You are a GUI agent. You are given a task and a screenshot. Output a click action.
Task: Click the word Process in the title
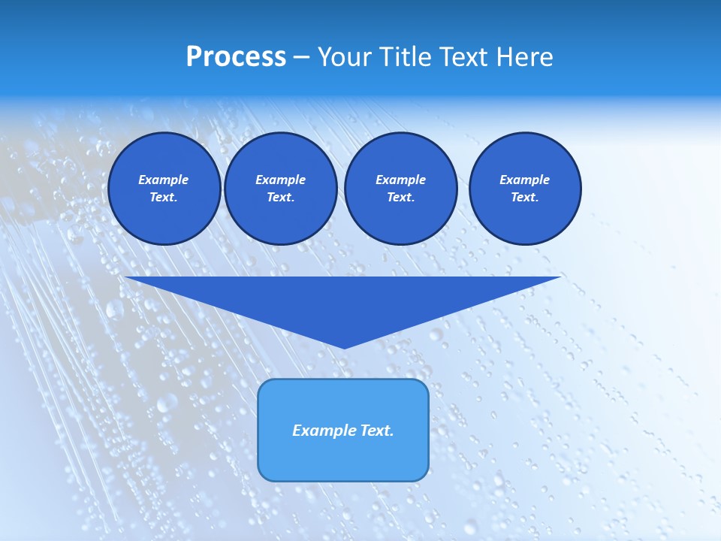click(236, 57)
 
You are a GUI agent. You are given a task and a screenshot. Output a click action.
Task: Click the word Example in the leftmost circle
click(164, 180)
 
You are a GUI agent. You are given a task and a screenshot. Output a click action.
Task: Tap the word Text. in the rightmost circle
click(524, 197)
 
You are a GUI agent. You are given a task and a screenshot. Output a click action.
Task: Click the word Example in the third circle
click(400, 180)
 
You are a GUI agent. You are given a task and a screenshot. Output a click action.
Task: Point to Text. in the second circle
click(280, 197)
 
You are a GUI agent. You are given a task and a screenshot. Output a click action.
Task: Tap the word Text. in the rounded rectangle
click(376, 431)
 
